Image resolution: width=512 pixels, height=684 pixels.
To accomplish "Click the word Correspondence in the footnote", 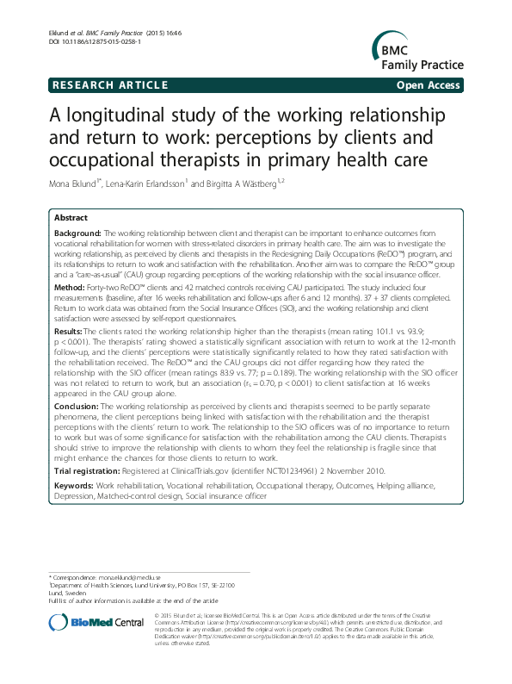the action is (72, 575).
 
